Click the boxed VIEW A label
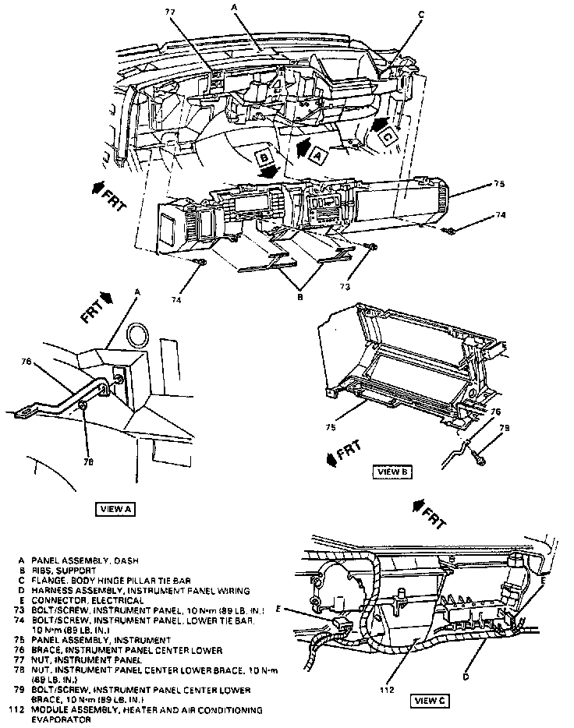(x=117, y=509)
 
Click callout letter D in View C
(x=466, y=677)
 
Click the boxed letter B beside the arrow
(x=265, y=157)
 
